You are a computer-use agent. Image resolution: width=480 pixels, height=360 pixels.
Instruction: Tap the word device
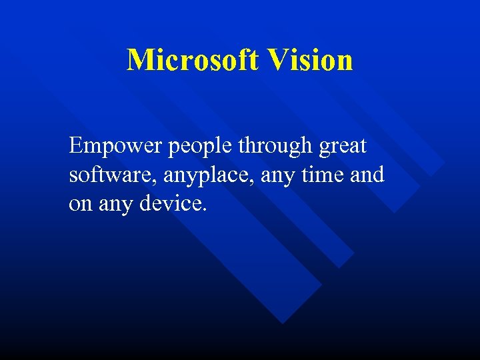click(171, 203)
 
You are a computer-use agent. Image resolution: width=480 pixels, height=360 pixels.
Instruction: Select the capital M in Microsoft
click(141, 60)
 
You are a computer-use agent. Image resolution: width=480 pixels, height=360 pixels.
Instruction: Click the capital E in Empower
click(75, 145)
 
